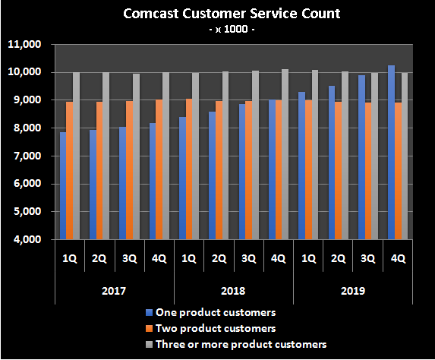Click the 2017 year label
pyautogui.click(x=114, y=291)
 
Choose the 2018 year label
pyautogui.click(x=233, y=291)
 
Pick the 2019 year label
pyautogui.click(x=352, y=291)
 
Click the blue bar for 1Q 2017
pyautogui.click(x=63, y=186)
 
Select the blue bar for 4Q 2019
pyautogui.click(x=391, y=152)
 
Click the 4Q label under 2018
pyautogui.click(x=278, y=258)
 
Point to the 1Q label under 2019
pyautogui.click(x=307, y=258)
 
